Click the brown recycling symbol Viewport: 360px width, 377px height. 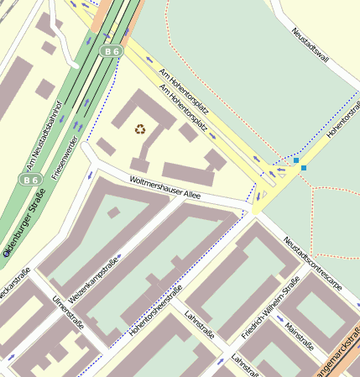139,129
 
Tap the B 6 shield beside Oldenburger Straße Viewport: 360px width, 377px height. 31,179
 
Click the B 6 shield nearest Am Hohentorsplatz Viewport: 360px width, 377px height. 112,52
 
